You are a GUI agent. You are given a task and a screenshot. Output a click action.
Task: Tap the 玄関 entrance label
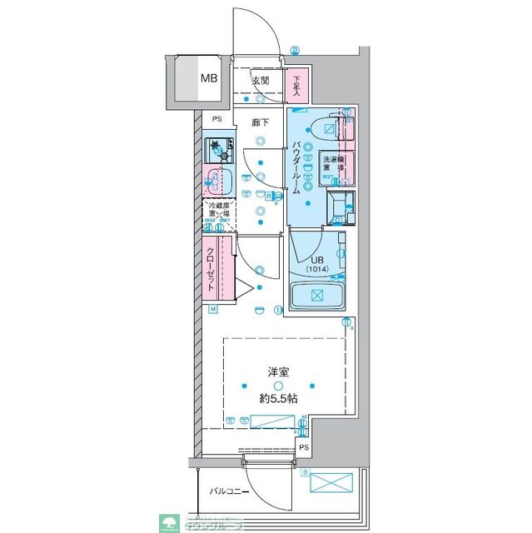[x=260, y=81]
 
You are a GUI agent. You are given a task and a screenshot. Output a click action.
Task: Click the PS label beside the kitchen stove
[x=216, y=119]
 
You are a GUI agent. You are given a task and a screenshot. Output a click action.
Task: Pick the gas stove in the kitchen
[x=220, y=151]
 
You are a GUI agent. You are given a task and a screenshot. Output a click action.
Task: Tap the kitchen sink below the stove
[x=218, y=179]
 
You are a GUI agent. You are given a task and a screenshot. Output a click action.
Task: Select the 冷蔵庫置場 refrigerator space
[x=219, y=215]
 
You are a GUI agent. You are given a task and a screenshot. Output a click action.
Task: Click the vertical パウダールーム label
[x=296, y=167]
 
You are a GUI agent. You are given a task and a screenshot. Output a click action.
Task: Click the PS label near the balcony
[x=304, y=448]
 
